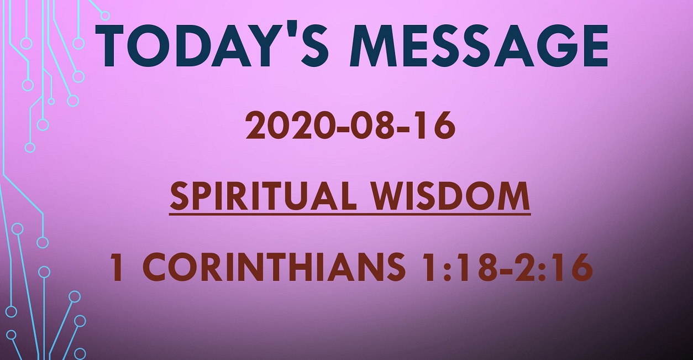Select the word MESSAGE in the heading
pyautogui.click(x=479, y=45)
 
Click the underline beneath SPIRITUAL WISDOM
pyautogui.click(x=350, y=214)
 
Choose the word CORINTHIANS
pyautogui.click(x=274, y=267)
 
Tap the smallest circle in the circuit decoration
pyautogui.click(x=51, y=101)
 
